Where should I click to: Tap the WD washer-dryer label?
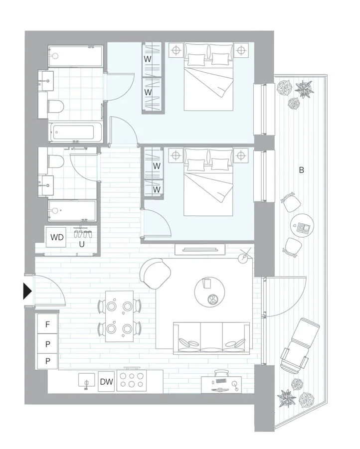tap(57, 237)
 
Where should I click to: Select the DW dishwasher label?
tap(106, 381)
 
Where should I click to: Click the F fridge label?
tap(47, 324)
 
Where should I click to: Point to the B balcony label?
tap(301, 170)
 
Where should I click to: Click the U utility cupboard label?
tap(82, 244)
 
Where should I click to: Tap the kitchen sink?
tap(87, 381)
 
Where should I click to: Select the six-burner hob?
tap(131, 380)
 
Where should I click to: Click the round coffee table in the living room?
tap(209, 293)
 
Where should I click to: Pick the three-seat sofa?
tap(211, 338)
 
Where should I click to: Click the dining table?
tap(119, 316)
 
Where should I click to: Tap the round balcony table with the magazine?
tap(302, 225)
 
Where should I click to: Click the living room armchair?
tap(155, 273)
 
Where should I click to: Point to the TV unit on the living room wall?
tap(200, 249)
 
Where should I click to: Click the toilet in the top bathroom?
tap(55, 106)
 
